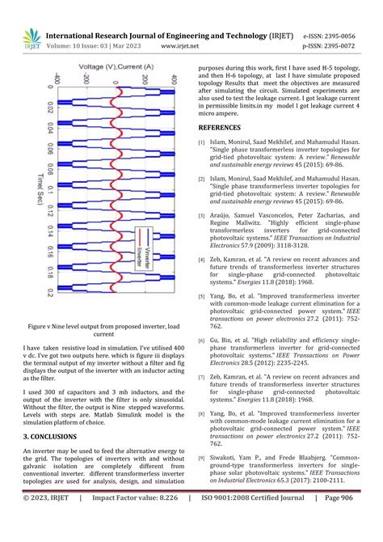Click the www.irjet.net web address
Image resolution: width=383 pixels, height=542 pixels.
tap(180, 47)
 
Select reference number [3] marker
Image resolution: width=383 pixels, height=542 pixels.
tap(202, 217)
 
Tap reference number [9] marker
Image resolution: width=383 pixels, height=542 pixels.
tap(202, 459)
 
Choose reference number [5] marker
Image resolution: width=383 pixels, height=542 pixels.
tap(202, 298)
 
